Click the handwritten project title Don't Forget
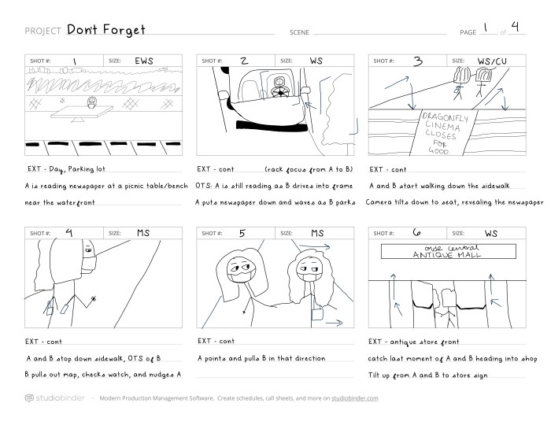coord(105,29)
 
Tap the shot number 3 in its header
coord(418,61)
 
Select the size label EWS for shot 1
coord(144,61)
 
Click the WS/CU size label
coord(492,61)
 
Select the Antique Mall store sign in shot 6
coord(449,251)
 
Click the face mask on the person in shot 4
coord(89,264)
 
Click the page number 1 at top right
coord(486,28)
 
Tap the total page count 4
coord(515,26)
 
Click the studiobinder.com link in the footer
coord(354,398)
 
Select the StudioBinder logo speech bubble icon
coord(29,398)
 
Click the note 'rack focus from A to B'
coord(309,169)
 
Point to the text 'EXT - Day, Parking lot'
coord(66,169)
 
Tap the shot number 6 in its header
coord(416,232)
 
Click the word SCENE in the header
coord(299,32)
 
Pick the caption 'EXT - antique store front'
coord(413,342)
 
